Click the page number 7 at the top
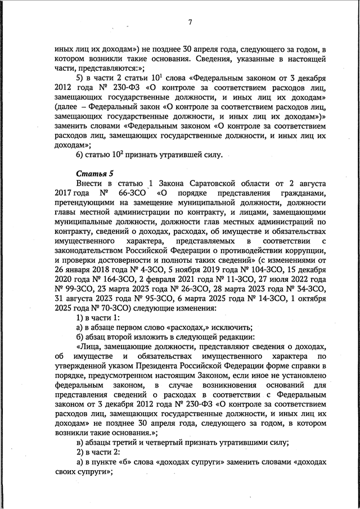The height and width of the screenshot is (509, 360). click(190, 22)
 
